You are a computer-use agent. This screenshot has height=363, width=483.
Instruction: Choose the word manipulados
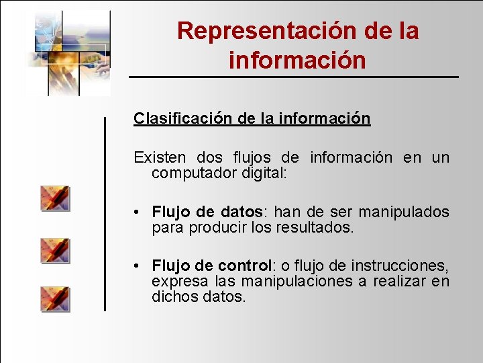coord(404,212)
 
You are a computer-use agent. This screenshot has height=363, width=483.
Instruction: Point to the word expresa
coord(175,280)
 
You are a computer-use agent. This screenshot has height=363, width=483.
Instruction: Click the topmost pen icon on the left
coord(54,199)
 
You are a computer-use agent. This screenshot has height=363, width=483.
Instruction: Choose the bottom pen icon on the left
coord(54,298)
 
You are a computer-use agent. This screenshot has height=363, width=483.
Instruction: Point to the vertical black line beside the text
coord(105,214)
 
